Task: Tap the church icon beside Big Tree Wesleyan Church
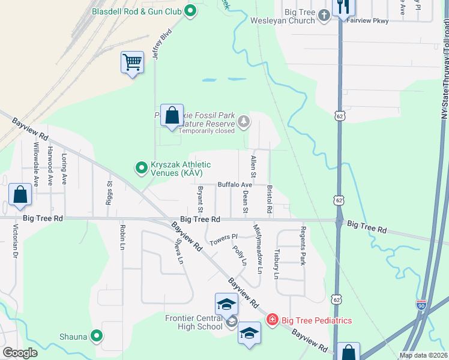324,15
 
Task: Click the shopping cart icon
132,62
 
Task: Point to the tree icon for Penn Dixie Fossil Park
244,122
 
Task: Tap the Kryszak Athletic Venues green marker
141,168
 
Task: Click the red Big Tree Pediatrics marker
273,320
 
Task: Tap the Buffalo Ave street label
235,185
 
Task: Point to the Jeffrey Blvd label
162,44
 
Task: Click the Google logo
20,353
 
